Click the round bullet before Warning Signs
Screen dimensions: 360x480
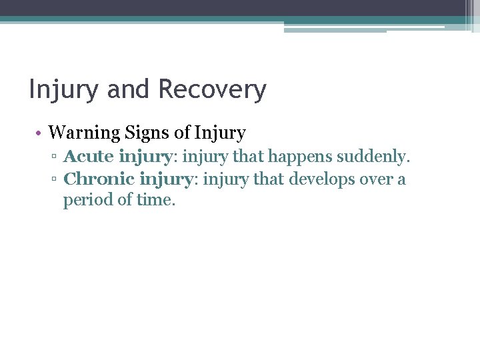coord(40,133)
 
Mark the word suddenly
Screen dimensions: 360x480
coord(373,158)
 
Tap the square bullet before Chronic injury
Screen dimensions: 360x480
coord(57,180)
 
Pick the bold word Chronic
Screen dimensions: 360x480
coord(99,179)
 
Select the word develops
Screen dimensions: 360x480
coord(323,179)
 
